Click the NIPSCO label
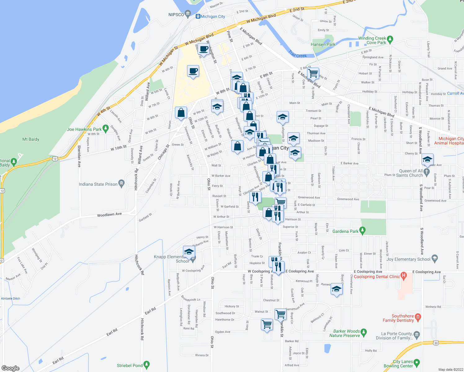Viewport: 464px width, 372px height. coord(176,15)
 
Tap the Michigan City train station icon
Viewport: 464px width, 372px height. coord(198,16)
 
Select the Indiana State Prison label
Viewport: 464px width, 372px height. coord(98,184)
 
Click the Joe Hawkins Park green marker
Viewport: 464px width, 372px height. coord(105,128)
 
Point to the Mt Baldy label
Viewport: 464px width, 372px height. coord(31,139)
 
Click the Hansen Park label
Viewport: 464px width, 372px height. coord(323,44)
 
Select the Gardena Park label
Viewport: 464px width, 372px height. coord(345,231)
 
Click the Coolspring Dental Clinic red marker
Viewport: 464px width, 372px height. coord(404,275)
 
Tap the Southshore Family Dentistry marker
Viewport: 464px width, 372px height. coord(418,317)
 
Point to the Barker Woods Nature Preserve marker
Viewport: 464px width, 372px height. coord(364,332)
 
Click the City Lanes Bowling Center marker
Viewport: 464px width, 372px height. coord(417,362)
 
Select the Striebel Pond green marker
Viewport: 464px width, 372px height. coord(147,364)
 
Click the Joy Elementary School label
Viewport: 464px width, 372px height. coord(408,259)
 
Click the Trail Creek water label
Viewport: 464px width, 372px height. coord(297,54)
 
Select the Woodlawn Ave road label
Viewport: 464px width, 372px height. coord(109,215)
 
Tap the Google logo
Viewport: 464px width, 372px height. coord(11,368)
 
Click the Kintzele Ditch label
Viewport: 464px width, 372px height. coord(11,299)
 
